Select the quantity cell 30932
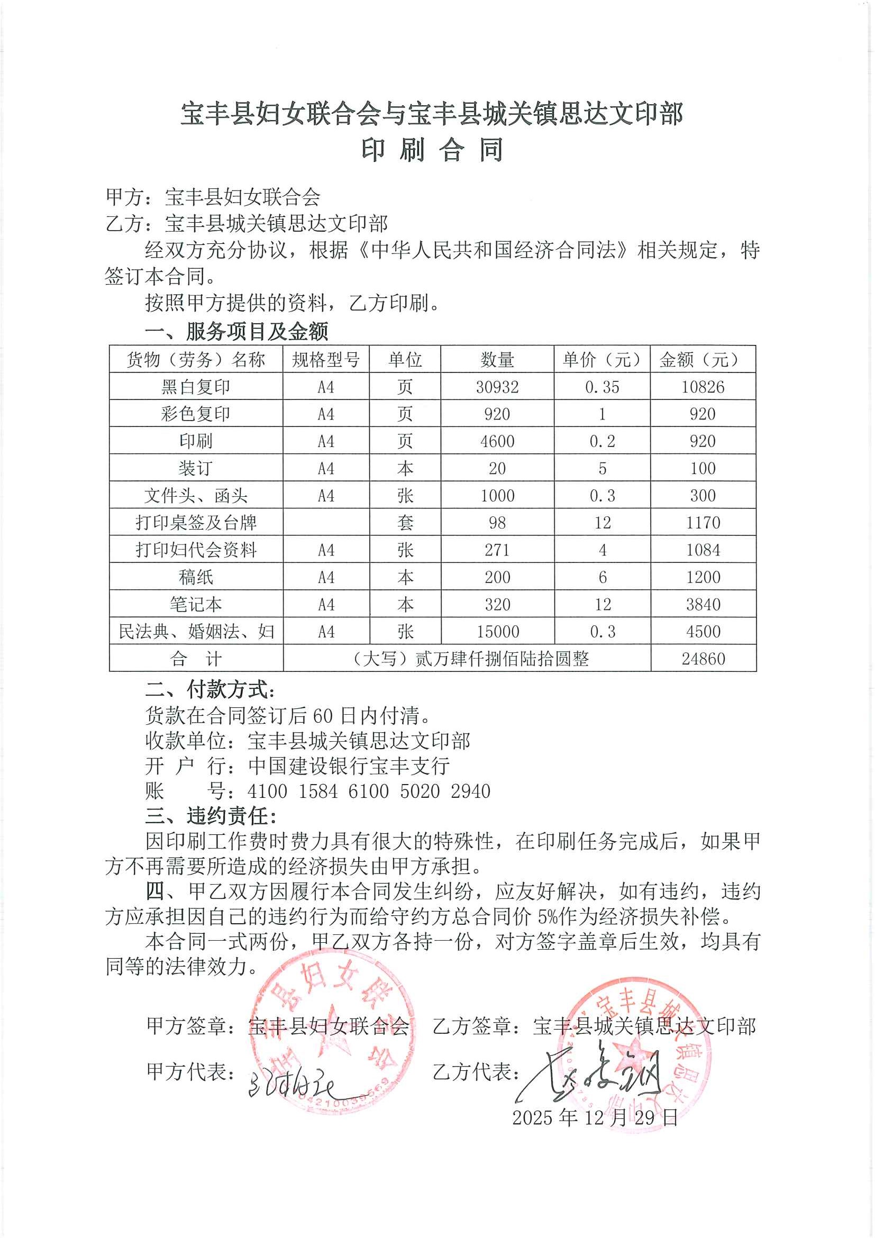click(x=497, y=387)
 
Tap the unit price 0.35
click(x=602, y=387)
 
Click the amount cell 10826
click(x=703, y=387)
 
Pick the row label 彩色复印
click(x=196, y=414)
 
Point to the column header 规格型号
click(x=326, y=359)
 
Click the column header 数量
click(x=497, y=359)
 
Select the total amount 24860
click(x=703, y=658)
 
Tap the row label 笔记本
click(x=196, y=604)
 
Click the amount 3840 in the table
click(x=703, y=604)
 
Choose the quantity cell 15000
click(x=497, y=631)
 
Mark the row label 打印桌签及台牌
click(x=196, y=523)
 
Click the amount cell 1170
click(x=703, y=523)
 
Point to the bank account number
click(x=369, y=791)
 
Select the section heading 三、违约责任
click(x=211, y=816)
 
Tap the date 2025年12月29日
click(x=595, y=1117)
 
